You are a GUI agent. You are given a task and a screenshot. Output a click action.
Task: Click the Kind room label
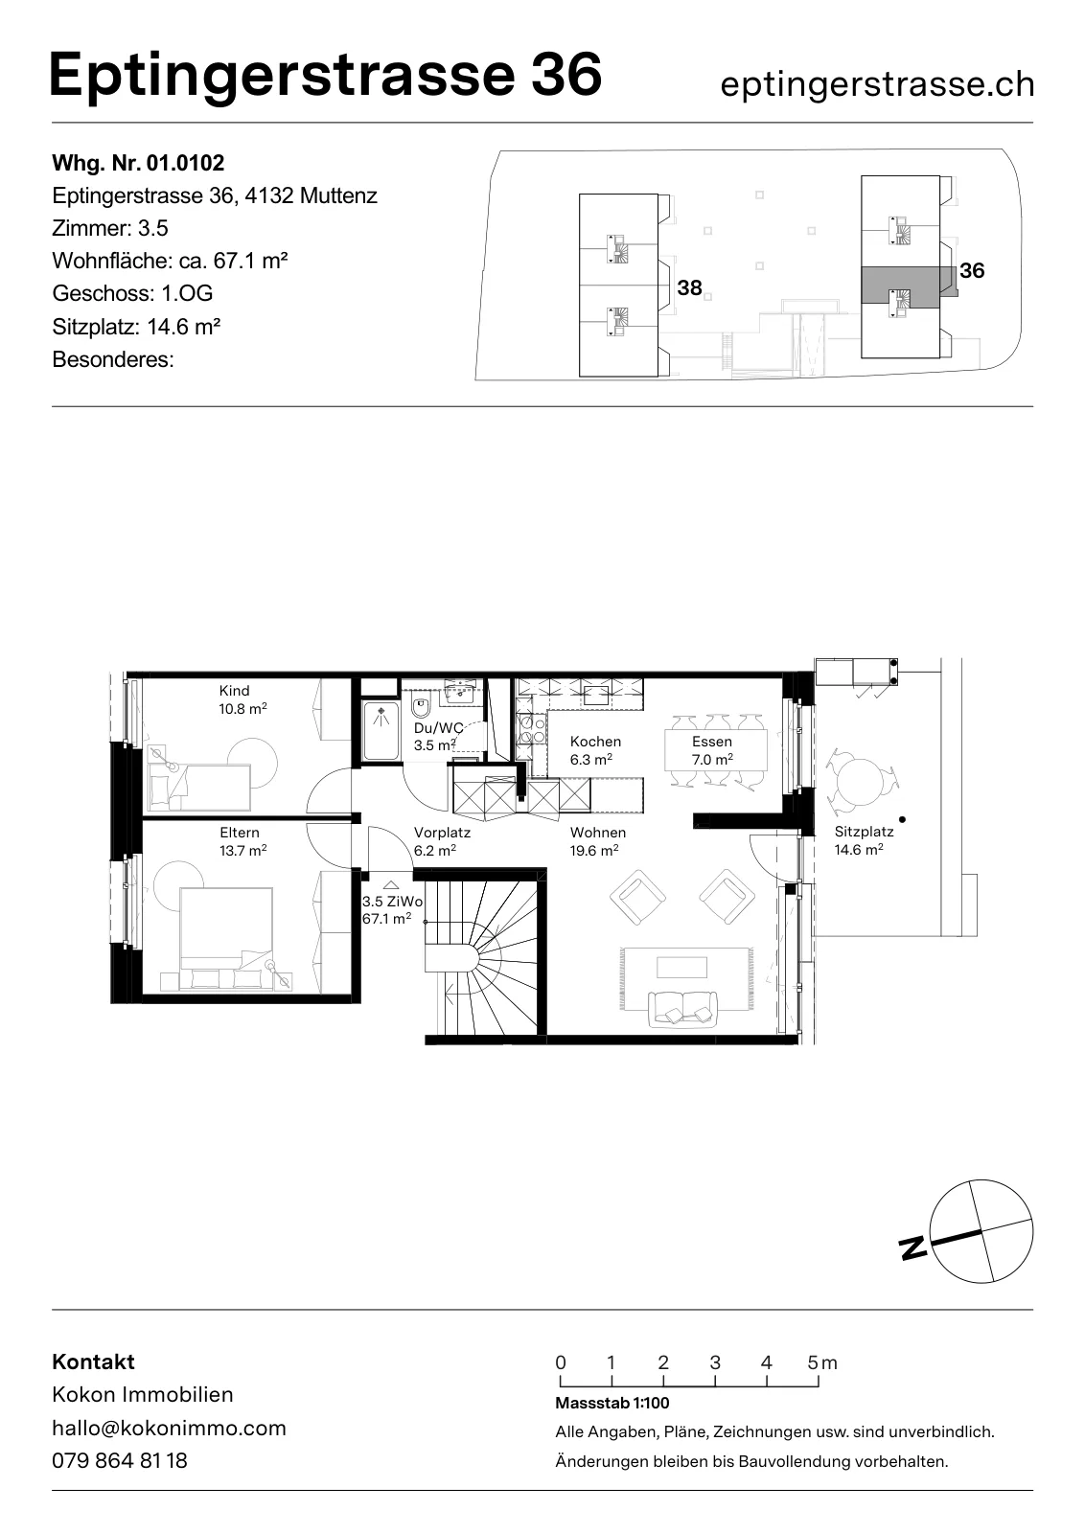click(234, 691)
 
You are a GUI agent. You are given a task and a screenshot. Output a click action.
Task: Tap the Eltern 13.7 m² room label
click(243, 841)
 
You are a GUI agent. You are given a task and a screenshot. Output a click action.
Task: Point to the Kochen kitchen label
click(595, 742)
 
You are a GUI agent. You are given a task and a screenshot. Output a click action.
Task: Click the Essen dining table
click(716, 751)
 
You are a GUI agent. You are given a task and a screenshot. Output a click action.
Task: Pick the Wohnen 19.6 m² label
click(597, 841)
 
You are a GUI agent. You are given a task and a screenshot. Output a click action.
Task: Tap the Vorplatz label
click(442, 833)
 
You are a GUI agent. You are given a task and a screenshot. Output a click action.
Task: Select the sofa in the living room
click(683, 1008)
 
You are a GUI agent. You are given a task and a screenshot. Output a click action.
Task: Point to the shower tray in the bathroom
click(381, 731)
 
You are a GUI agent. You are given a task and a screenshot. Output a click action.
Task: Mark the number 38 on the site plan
click(689, 288)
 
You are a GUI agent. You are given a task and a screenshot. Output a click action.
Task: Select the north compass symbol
click(981, 1232)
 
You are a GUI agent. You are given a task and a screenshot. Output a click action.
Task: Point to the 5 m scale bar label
click(821, 1361)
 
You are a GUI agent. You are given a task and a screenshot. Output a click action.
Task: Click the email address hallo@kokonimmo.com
click(169, 1428)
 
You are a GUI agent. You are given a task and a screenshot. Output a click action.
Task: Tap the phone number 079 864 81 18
click(120, 1460)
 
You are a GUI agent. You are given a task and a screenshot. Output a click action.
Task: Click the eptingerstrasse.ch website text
click(878, 85)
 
